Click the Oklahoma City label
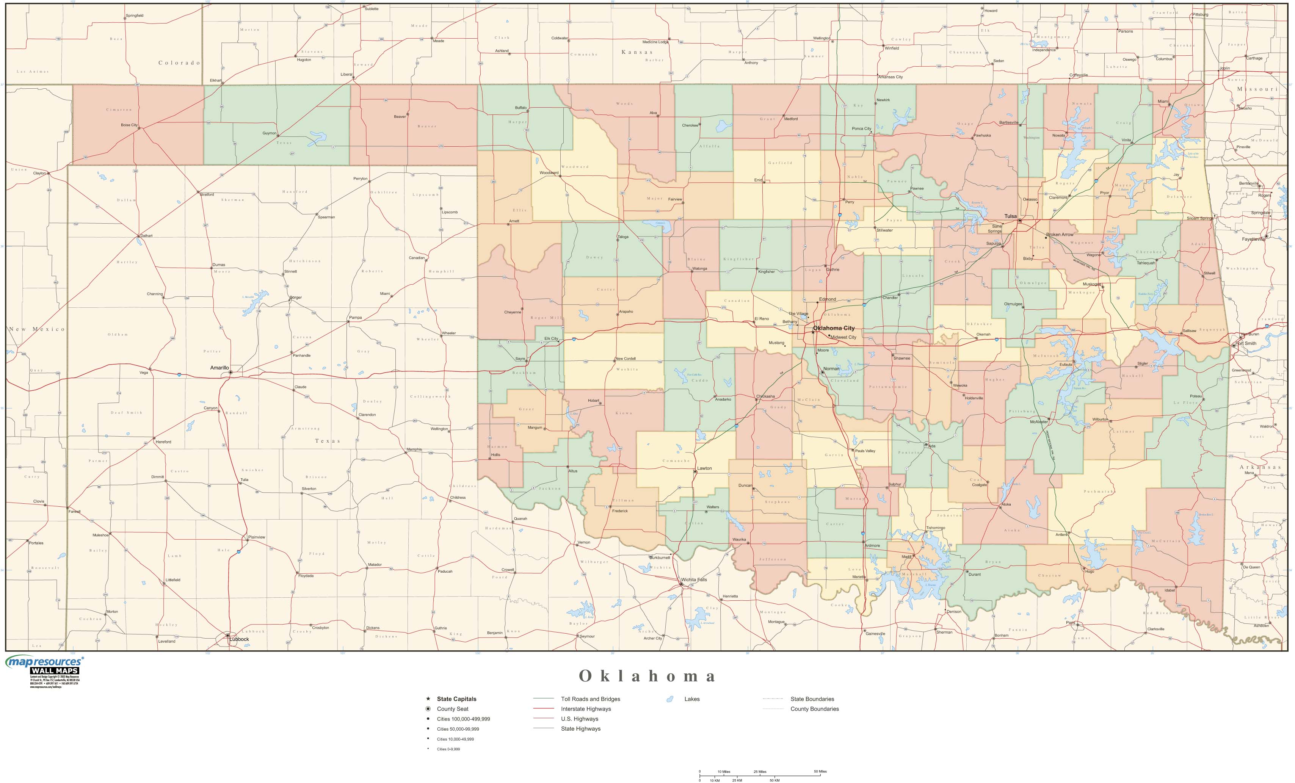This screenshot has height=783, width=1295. click(834, 328)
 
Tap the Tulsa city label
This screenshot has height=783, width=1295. click(1010, 216)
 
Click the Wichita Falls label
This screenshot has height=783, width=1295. click(694, 579)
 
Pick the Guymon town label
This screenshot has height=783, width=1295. click(269, 133)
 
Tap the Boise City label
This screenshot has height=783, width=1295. click(129, 125)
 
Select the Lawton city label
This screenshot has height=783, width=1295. click(704, 468)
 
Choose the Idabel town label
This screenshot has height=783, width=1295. click(1170, 590)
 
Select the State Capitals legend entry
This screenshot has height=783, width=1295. click(456, 699)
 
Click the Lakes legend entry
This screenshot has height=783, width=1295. click(691, 699)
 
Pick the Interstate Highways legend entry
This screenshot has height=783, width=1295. click(585, 709)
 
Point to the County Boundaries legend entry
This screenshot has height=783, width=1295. click(814, 709)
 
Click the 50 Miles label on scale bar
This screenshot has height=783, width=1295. click(820, 771)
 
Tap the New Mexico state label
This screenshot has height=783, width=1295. click(37, 329)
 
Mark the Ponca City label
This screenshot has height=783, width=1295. click(861, 129)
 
